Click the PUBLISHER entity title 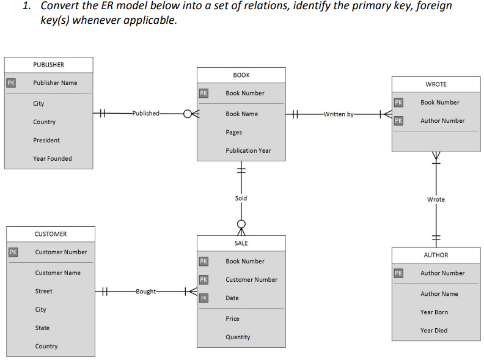click(48, 65)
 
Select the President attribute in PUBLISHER click(46, 141)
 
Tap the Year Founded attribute click(52, 159)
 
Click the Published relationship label click(146, 114)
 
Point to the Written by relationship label click(338, 114)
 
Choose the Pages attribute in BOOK click(233, 133)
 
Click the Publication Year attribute click(248, 151)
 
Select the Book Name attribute click(241, 114)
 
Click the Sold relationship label click(241, 199)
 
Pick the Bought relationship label click(145, 292)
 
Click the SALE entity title click(241, 243)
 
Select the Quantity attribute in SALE click(238, 337)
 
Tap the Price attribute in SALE click(232, 319)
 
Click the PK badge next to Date click(204, 298)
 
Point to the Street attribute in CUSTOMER click(43, 292)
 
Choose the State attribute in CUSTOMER click(42, 328)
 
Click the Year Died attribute click(433, 331)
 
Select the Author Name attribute click(439, 294)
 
